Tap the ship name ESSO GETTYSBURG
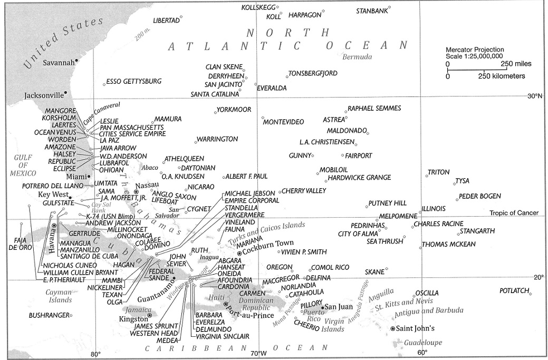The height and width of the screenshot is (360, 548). tap(134, 82)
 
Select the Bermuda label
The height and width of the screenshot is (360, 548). tap(357, 57)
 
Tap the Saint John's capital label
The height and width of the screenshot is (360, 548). tap(416, 328)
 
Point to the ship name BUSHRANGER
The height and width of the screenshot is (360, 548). tap(49, 315)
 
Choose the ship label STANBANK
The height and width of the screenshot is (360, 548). tap(372, 11)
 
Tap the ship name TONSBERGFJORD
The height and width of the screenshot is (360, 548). tap(313, 73)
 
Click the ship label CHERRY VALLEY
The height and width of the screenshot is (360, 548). tap(304, 191)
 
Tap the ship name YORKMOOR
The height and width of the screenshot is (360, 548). tap(234, 110)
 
